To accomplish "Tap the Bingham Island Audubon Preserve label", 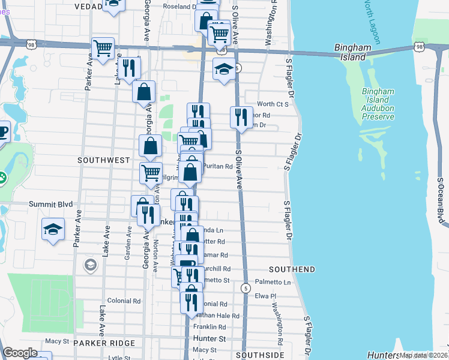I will click(378, 104).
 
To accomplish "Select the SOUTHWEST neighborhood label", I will click(103, 160).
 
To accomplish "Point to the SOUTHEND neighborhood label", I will click(292, 269).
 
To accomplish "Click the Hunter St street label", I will click(209, 339).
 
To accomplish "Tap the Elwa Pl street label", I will click(265, 296).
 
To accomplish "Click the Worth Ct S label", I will click(273, 104).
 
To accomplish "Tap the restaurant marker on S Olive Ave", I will click(241, 118).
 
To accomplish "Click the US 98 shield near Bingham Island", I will click(419, 46).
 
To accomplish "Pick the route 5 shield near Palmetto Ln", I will click(245, 289).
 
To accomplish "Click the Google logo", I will click(20, 353).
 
